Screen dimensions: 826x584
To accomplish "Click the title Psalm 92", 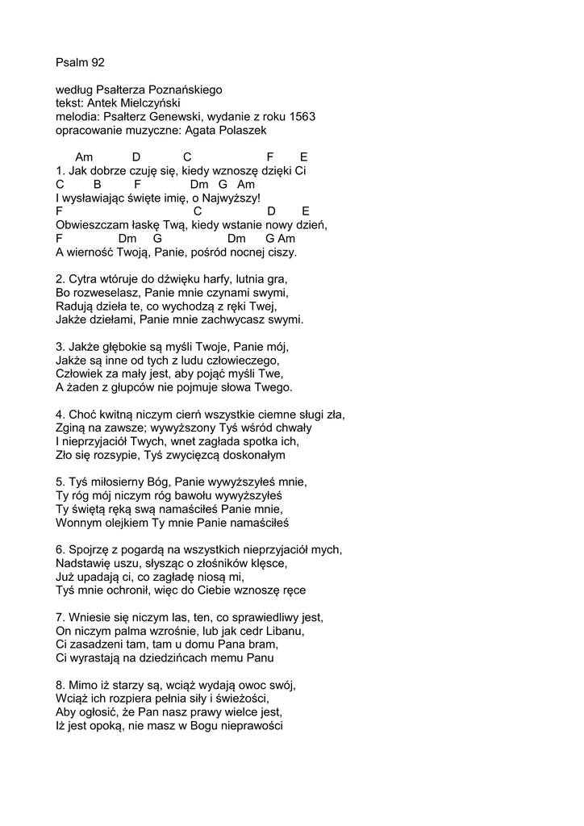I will pos(81,61).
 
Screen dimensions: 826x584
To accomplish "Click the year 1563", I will pos(300,116).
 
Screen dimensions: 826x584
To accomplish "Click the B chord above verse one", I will pos(98,184).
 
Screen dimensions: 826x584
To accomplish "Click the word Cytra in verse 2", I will pos(86,279).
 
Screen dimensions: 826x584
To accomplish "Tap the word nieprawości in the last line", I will pos(249,727).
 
